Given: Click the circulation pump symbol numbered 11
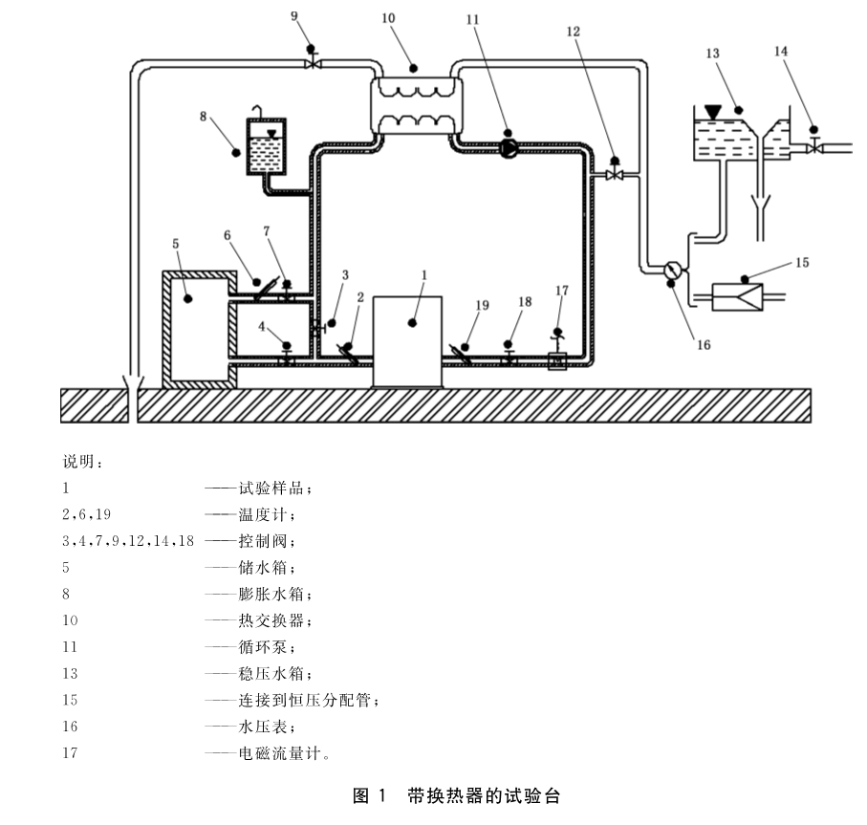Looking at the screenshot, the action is (509, 148).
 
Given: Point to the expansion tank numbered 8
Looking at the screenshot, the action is (266, 146).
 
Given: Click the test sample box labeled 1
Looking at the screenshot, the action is (407, 341).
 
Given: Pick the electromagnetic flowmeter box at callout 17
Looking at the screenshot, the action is (557, 361).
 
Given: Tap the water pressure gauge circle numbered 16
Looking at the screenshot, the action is (672, 270).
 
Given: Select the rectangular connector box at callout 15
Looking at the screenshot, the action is (737, 297).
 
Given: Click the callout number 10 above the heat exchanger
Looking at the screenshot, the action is (388, 18).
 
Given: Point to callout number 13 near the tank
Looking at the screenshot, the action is (712, 54).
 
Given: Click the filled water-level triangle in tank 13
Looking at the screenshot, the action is (713, 112).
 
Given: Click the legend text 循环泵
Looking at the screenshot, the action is (263, 646).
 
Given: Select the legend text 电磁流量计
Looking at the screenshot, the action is (280, 752).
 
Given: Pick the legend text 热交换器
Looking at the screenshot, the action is (271, 619).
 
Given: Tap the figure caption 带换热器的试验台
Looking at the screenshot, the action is (485, 795).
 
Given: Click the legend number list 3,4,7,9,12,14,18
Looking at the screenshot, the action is (128, 541).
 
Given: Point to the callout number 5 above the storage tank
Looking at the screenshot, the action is (175, 244).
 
